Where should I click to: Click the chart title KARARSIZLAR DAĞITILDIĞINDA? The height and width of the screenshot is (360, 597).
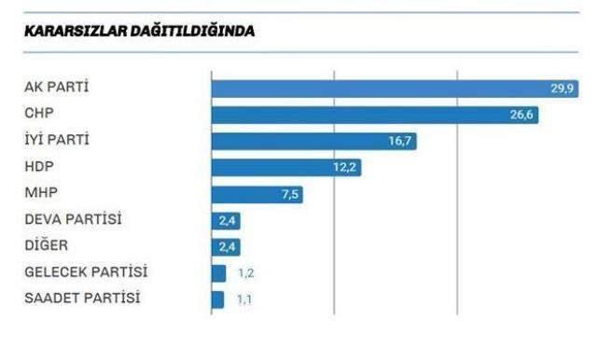click(139, 32)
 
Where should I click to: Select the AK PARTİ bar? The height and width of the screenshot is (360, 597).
click(373, 89)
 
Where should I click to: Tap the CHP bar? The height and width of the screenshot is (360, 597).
click(364, 115)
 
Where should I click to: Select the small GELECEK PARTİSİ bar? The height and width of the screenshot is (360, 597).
click(218, 273)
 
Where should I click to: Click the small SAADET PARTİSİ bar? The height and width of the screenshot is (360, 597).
click(217, 299)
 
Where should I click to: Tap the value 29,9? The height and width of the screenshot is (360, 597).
click(562, 89)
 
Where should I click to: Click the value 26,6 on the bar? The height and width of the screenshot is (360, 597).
click(522, 115)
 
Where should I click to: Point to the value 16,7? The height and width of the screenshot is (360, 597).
click(400, 142)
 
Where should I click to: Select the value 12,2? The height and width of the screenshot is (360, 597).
click(345, 168)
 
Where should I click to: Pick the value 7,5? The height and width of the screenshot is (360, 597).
click(288, 194)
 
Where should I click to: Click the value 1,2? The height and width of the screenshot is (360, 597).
click(245, 273)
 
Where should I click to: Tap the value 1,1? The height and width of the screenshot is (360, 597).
click(244, 299)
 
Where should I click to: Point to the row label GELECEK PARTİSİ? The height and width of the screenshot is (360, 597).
click(86, 272)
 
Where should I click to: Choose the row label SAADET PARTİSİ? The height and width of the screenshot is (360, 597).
click(82, 298)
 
